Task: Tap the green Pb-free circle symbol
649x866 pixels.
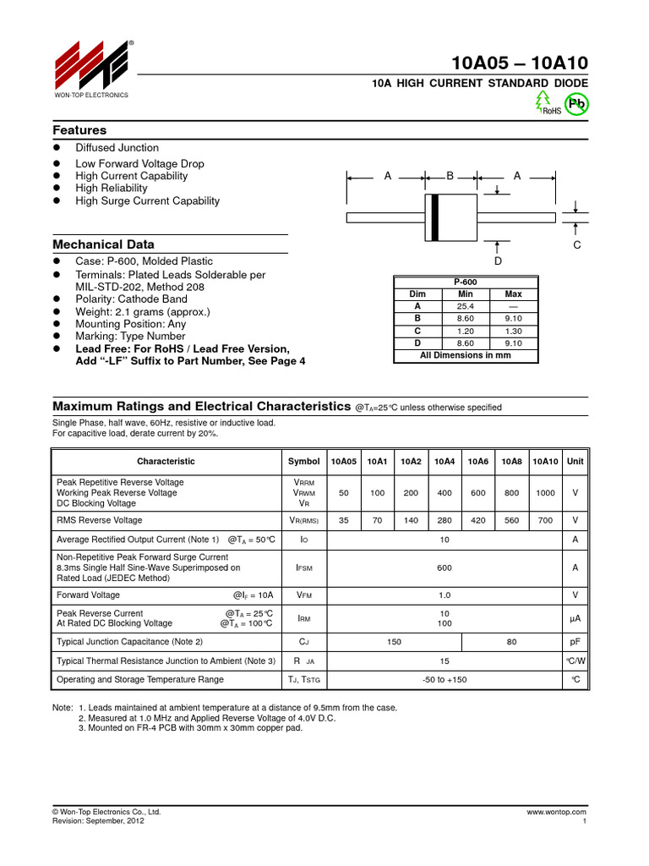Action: (577, 104)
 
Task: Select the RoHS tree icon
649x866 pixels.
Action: (543, 101)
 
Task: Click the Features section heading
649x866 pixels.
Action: (79, 130)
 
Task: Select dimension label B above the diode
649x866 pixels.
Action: (450, 176)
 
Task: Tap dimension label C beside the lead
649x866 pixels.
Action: (577, 244)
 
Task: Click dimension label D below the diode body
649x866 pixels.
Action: (498, 261)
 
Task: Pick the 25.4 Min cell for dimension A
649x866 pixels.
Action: (466, 306)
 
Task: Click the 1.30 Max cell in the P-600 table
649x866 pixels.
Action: (513, 331)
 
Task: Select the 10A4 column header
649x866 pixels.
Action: (444, 462)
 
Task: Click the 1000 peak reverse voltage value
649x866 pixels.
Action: (546, 492)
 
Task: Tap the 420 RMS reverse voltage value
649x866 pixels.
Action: (478, 520)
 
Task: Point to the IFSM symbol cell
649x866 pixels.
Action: (303, 569)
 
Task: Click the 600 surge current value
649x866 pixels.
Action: (444, 569)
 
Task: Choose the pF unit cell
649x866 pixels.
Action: (575, 642)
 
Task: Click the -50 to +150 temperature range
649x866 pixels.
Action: (444, 679)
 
